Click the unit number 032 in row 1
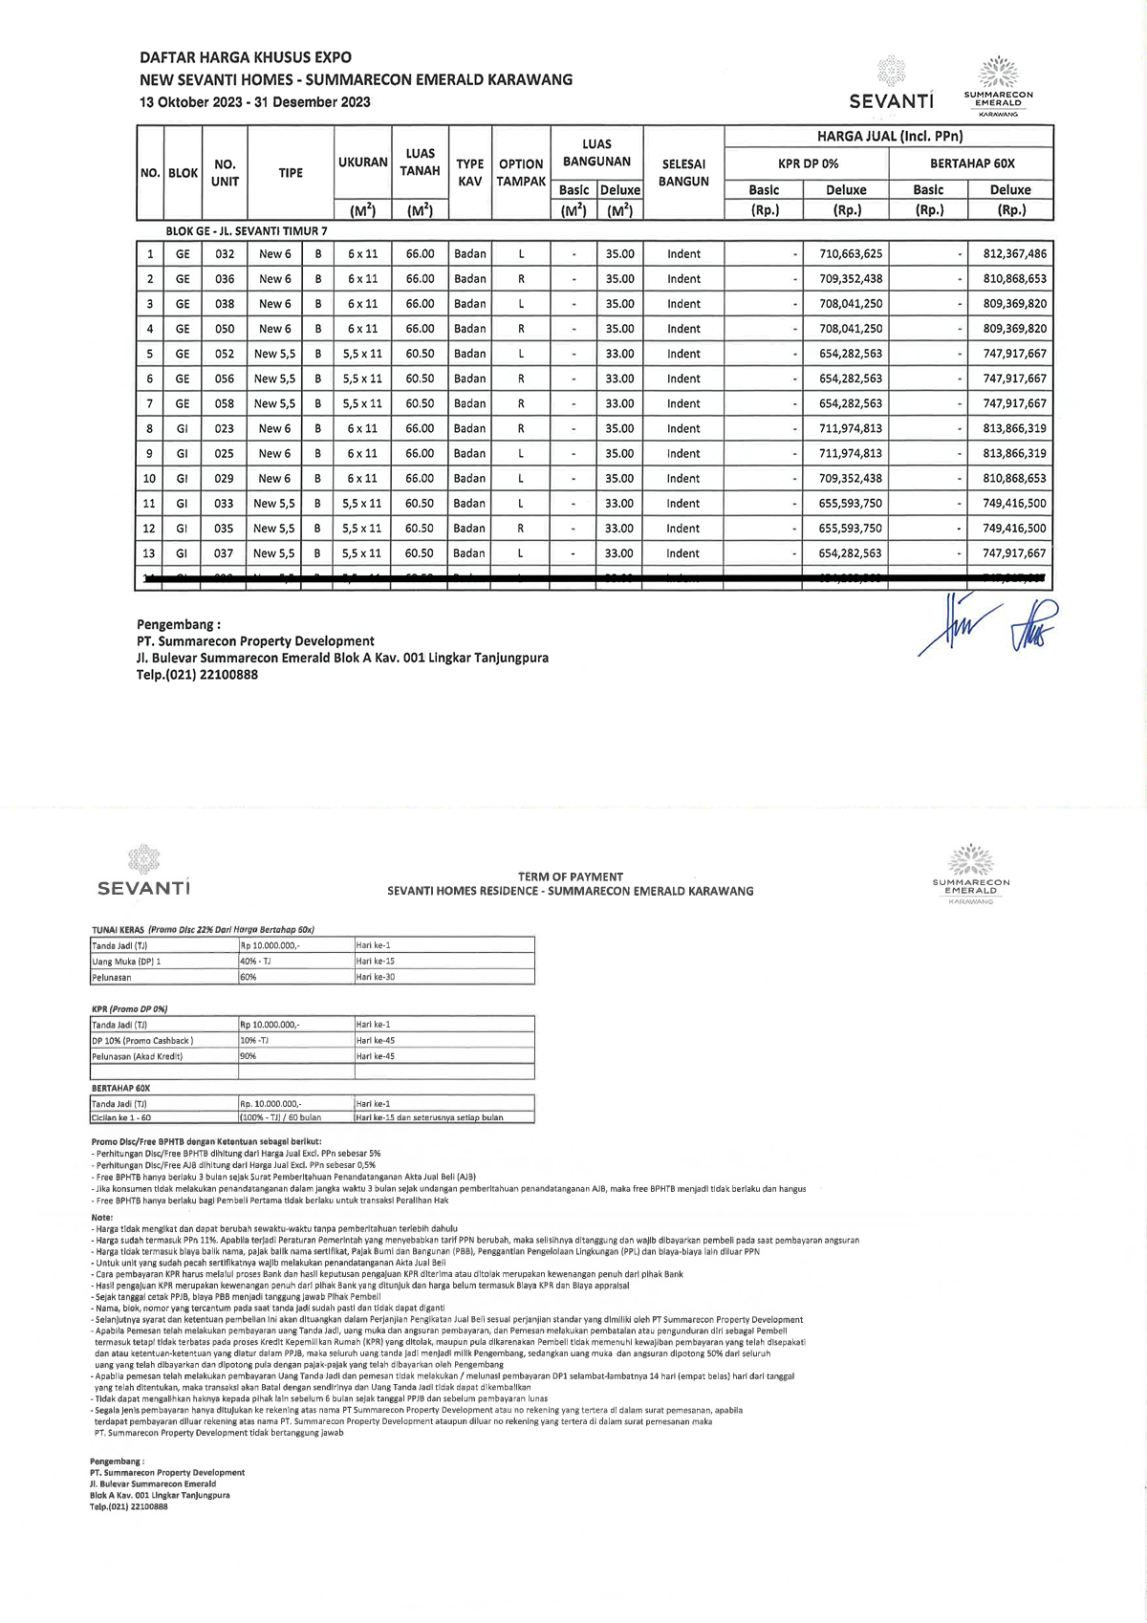225,254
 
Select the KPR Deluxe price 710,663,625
851,254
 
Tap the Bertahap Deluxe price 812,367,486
1014,254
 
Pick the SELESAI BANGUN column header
683,173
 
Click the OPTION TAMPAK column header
521,173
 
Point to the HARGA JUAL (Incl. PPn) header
889,137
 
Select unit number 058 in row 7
225,403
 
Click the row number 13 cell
149,553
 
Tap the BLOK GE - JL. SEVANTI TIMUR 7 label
247,231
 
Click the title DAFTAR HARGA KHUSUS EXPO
246,57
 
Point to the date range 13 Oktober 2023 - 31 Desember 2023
255,102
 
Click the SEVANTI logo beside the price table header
891,85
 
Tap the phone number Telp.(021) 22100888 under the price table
197,675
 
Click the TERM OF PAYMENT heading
570,876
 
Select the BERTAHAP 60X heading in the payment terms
120,1089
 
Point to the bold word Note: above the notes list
101,1217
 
